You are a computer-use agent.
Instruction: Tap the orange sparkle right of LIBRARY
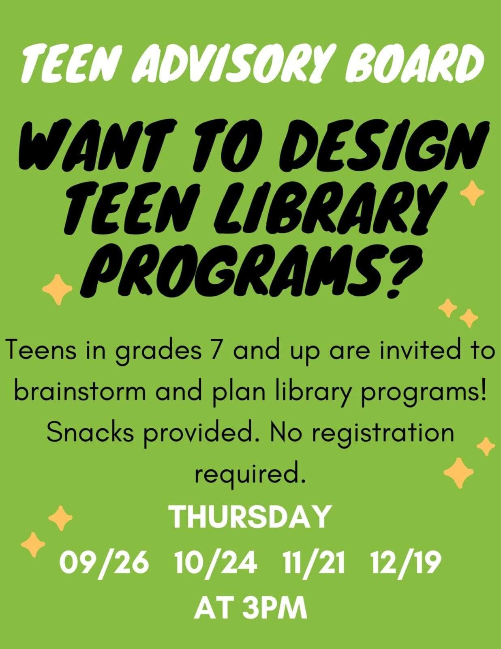(x=472, y=193)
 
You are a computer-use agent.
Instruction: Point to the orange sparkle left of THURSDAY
(x=60, y=518)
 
